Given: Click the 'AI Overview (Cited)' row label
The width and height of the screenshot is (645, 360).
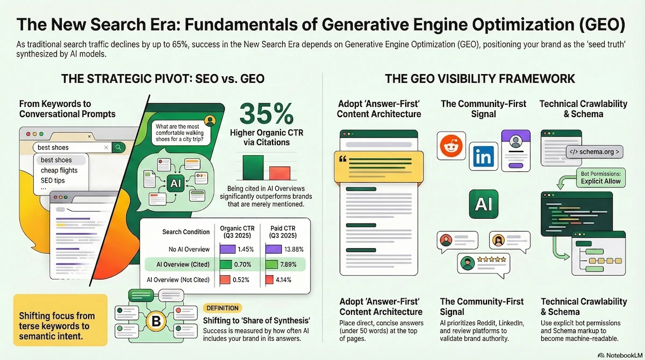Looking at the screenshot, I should pyautogui.click(x=180, y=264).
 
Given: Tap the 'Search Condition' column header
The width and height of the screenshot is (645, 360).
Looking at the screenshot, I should pyautogui.click(x=186, y=232).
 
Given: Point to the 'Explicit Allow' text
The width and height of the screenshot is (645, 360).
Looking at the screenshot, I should pyautogui.click(x=600, y=181).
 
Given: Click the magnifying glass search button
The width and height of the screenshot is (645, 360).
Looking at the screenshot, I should pyautogui.click(x=119, y=147).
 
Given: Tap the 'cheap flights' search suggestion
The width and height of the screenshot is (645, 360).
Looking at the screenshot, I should pyautogui.click(x=59, y=170).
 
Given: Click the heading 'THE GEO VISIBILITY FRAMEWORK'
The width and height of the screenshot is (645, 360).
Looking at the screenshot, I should pyautogui.click(x=480, y=80).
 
